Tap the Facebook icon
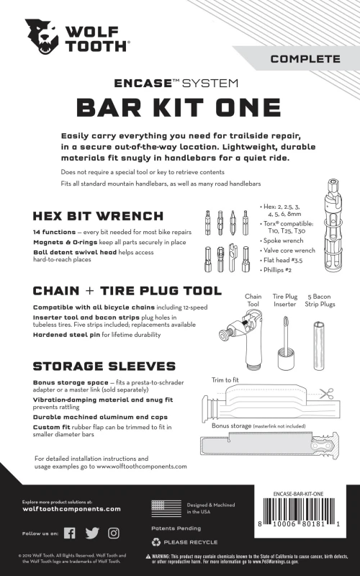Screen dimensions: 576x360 click(70, 533)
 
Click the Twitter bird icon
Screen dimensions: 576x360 click(91, 533)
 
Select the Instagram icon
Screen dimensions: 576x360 click(114, 533)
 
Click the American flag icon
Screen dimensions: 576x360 click(166, 508)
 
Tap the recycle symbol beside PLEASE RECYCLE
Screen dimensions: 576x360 click(156, 542)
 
